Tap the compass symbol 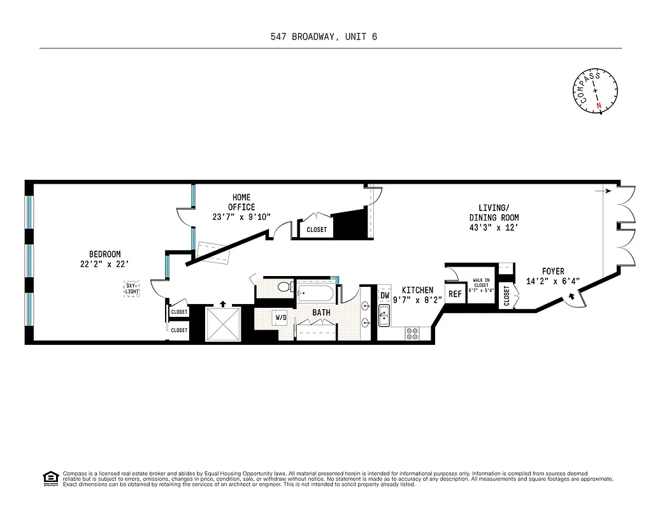596,92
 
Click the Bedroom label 104,254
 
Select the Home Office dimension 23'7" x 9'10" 241,217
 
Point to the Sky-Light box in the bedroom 131,289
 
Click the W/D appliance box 280,317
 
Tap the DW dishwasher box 385,295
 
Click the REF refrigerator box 455,294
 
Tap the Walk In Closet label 481,284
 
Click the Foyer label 553,272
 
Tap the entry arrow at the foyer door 571,295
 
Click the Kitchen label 417,290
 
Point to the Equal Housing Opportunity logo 50,477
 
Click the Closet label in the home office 317,229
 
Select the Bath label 321,313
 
